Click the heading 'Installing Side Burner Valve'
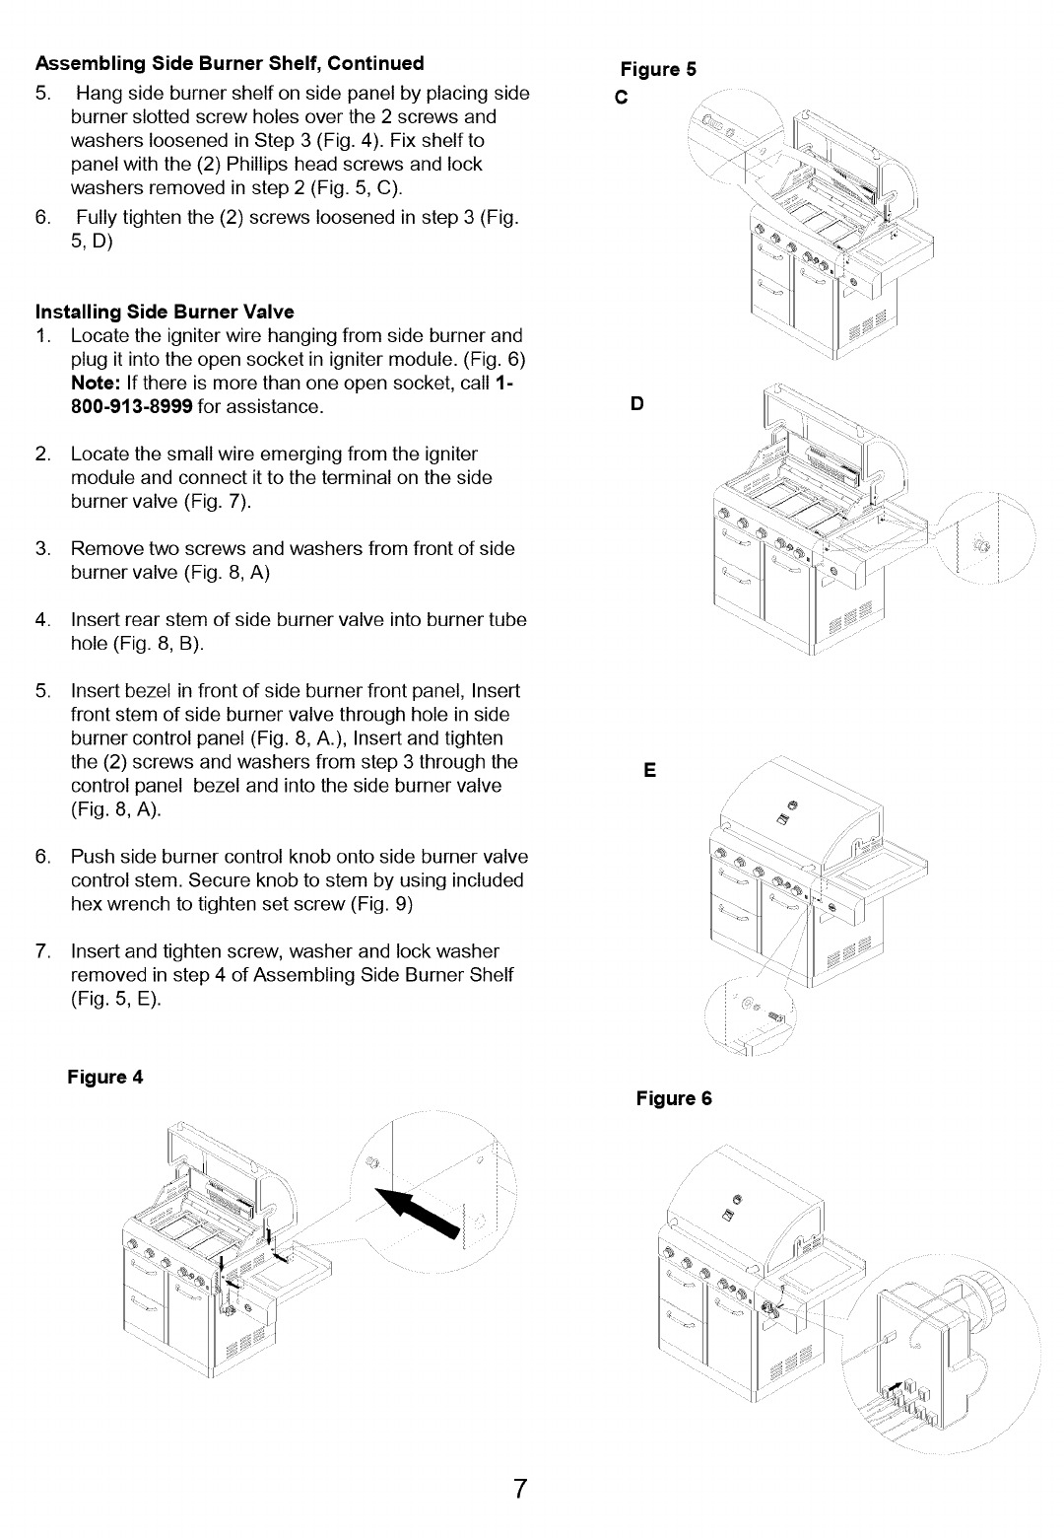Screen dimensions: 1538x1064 pyautogui.click(x=165, y=312)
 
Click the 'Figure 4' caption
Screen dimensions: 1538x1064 pyautogui.click(x=105, y=1077)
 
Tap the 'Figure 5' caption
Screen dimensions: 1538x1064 pyautogui.click(x=658, y=69)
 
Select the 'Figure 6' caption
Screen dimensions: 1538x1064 pyautogui.click(x=674, y=1098)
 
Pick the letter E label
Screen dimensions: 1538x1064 pyautogui.click(x=650, y=770)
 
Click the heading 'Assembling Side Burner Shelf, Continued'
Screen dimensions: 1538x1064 pyautogui.click(x=230, y=63)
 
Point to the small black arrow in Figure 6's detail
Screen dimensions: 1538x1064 pyautogui.click(x=895, y=1389)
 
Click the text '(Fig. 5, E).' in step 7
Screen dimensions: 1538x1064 pyautogui.click(x=116, y=999)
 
